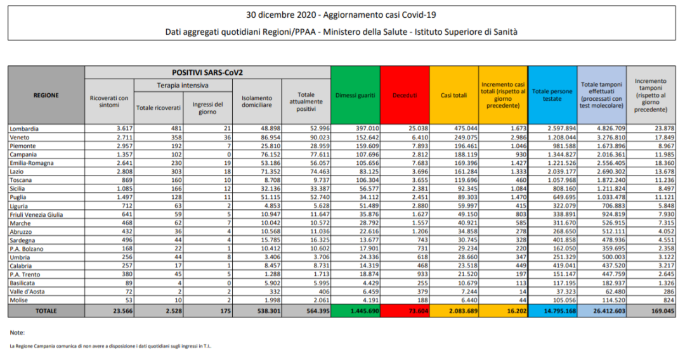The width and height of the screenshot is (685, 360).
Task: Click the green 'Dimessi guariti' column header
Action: [355, 95]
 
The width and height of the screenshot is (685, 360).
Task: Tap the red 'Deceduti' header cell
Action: [405, 95]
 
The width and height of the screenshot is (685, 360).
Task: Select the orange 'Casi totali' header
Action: [453, 95]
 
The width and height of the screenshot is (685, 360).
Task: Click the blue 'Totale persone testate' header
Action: [552, 95]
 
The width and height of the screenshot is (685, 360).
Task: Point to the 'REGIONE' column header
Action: [46, 95]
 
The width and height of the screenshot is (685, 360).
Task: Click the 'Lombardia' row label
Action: [25, 129]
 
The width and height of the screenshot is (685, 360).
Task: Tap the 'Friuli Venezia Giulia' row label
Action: [36, 215]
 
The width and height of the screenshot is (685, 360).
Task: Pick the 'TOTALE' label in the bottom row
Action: [46, 311]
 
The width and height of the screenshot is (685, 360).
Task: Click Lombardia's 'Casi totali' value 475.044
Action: [463, 129]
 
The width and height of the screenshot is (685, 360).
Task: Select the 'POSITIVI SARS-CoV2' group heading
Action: [207, 73]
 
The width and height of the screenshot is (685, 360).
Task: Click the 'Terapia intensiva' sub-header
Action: [183, 85]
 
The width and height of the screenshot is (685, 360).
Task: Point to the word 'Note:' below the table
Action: [18, 332]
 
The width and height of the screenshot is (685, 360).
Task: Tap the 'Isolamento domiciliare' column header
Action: [257, 101]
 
